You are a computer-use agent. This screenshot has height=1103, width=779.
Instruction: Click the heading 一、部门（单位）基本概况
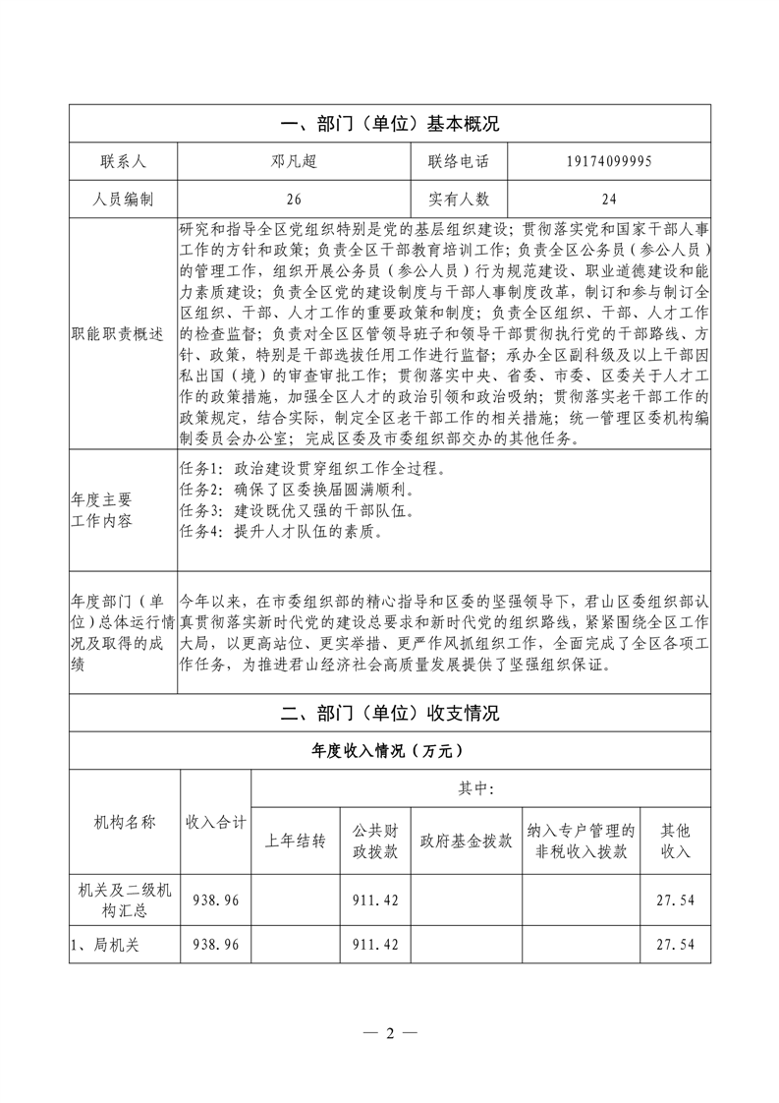click(x=389, y=124)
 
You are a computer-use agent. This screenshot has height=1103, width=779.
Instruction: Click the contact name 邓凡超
click(x=293, y=161)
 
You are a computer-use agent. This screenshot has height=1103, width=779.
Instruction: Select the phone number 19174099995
click(x=608, y=161)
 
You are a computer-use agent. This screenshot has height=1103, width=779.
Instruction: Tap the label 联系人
click(x=123, y=161)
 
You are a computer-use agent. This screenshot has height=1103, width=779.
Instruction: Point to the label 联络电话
click(x=457, y=161)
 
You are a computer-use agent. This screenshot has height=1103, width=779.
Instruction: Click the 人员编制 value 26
click(x=293, y=199)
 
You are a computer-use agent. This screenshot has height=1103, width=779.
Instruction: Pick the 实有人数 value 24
click(x=608, y=199)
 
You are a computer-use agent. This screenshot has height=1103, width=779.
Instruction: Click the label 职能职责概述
click(x=123, y=333)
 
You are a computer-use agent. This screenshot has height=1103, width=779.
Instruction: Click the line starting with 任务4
click(x=282, y=533)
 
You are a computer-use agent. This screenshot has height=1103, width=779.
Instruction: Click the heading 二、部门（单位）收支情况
click(x=389, y=714)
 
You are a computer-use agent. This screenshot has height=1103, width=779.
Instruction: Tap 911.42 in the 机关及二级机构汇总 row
click(x=374, y=900)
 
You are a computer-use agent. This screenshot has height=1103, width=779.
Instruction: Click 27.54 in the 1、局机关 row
click(x=674, y=945)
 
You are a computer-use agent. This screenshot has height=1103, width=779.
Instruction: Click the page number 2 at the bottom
click(x=389, y=1033)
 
